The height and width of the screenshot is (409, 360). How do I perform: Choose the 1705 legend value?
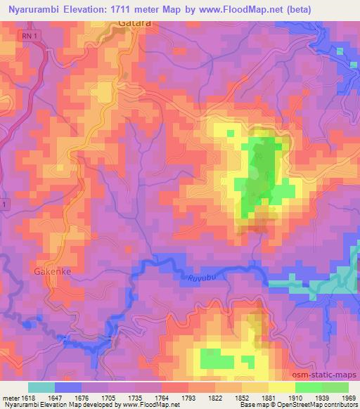pos(108,398)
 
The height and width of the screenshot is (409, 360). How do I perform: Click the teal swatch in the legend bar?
pos(41,387)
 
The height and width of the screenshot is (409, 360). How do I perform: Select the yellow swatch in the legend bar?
pos(282,387)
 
